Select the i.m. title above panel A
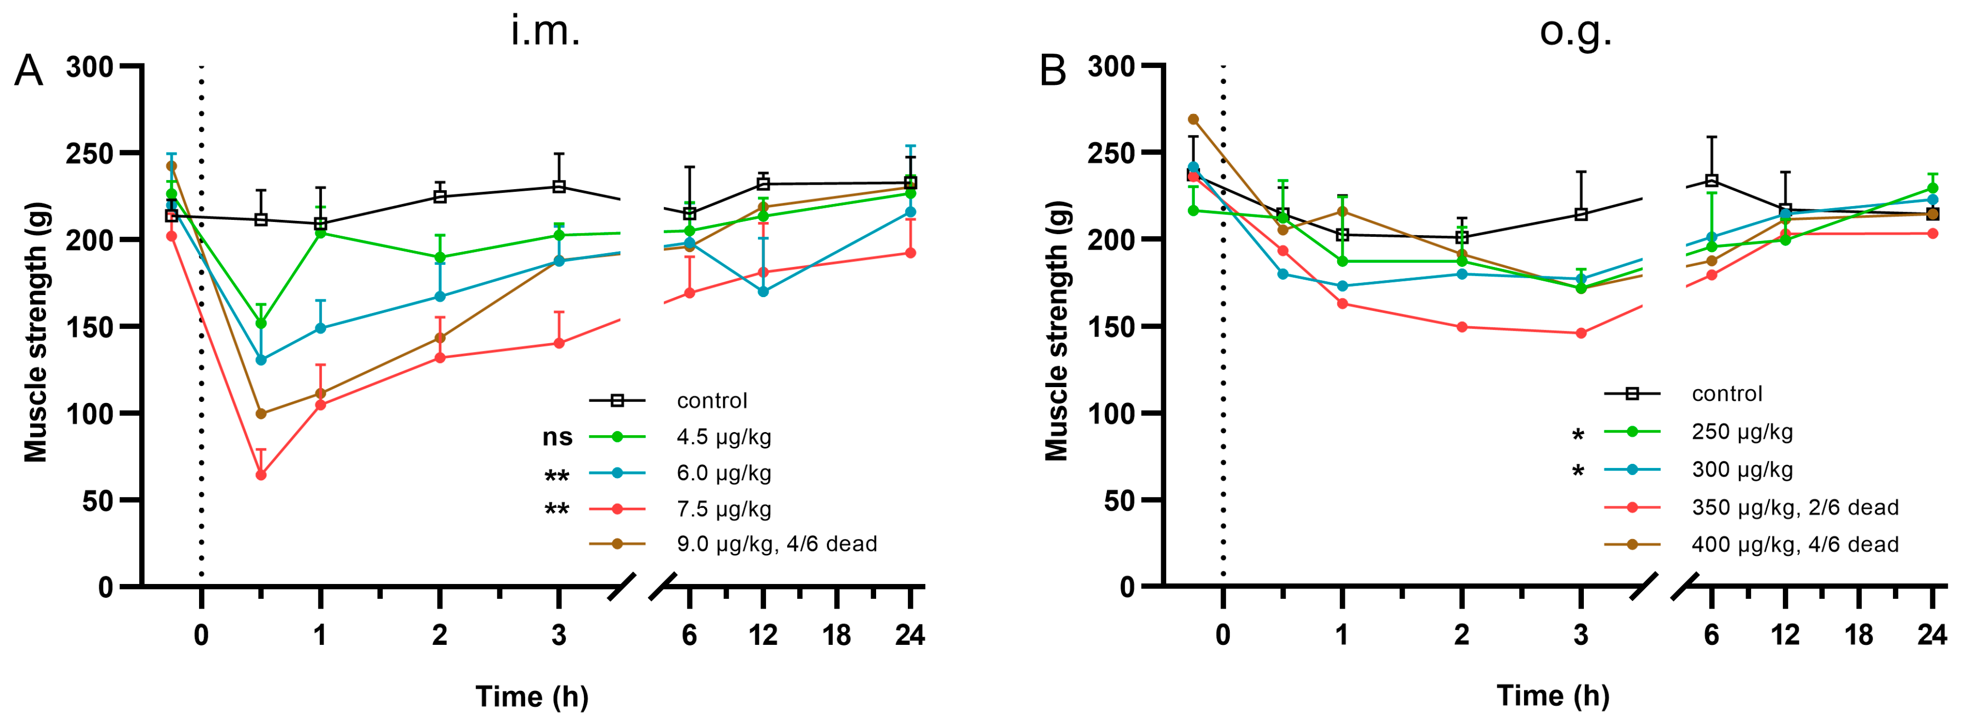point(545,32)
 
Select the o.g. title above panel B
point(1575,32)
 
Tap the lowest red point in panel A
point(260,475)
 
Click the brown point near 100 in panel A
point(260,414)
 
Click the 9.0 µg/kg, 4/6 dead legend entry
point(776,544)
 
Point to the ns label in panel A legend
point(557,438)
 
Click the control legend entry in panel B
point(1727,394)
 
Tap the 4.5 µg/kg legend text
point(723,438)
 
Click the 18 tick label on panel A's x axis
point(836,635)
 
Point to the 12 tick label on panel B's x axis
point(1784,635)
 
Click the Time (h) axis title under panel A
point(532,696)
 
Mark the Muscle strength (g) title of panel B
point(1057,331)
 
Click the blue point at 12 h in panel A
point(763,291)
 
